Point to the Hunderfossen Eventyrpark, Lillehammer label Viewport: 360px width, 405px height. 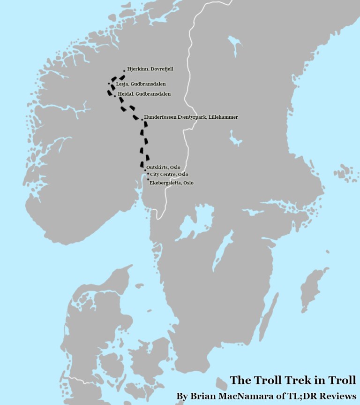(191, 117)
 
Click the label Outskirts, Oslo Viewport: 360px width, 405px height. (163, 168)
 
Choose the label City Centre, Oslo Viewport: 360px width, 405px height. (169, 174)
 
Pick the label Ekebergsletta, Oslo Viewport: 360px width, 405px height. (171, 183)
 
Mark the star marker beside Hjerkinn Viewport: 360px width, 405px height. (124, 71)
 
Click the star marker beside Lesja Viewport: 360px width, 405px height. (109, 84)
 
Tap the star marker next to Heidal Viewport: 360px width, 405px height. (115, 96)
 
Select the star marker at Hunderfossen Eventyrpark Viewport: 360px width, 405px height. (142, 119)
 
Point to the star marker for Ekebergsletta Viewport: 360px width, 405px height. (148, 179)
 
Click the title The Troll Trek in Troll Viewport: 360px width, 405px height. (292, 380)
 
